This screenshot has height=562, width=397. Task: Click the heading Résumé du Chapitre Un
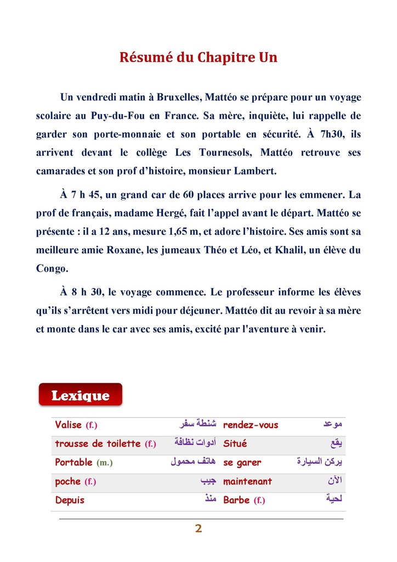pyautogui.click(x=198, y=57)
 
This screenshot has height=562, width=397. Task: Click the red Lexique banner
pyautogui.click(x=81, y=395)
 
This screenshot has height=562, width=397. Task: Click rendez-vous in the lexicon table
pyautogui.click(x=251, y=425)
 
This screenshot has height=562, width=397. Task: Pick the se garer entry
pyautogui.click(x=242, y=463)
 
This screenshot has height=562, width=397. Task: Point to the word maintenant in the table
pyautogui.click(x=247, y=481)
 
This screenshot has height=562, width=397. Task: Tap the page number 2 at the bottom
pyautogui.click(x=198, y=529)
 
